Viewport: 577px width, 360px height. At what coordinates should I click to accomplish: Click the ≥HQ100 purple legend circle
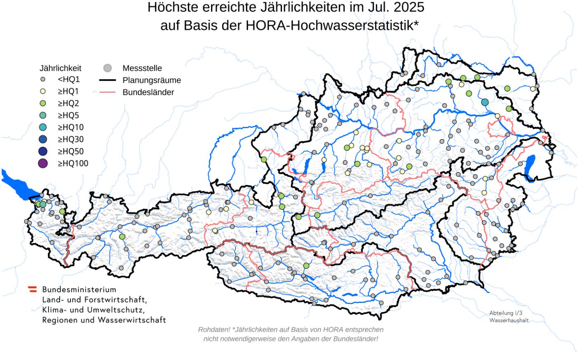tap(43, 164)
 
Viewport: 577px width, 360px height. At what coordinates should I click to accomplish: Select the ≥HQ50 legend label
tap(70, 151)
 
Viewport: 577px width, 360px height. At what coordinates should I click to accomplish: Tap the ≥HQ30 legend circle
tap(43, 139)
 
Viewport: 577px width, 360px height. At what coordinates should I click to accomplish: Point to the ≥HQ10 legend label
tap(70, 127)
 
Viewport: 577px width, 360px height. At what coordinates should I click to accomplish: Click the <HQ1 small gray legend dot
tap(43, 79)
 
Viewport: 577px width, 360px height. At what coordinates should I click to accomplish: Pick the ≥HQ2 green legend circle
tap(43, 103)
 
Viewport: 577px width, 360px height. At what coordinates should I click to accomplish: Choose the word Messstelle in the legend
tap(142, 68)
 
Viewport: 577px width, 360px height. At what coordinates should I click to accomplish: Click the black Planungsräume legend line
tap(107, 80)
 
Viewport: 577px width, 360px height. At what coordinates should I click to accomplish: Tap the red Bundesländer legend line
tap(107, 92)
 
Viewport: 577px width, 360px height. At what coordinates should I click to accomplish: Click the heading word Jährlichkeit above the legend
tap(60, 68)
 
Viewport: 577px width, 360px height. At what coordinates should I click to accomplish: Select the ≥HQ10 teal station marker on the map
tap(485, 102)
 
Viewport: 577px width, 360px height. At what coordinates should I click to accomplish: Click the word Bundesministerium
tap(79, 290)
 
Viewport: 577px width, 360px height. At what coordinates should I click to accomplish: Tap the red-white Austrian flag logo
tap(32, 289)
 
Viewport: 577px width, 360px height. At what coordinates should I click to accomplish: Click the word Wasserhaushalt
tap(509, 320)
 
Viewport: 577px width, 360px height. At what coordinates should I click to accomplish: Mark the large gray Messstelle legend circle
tap(108, 68)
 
